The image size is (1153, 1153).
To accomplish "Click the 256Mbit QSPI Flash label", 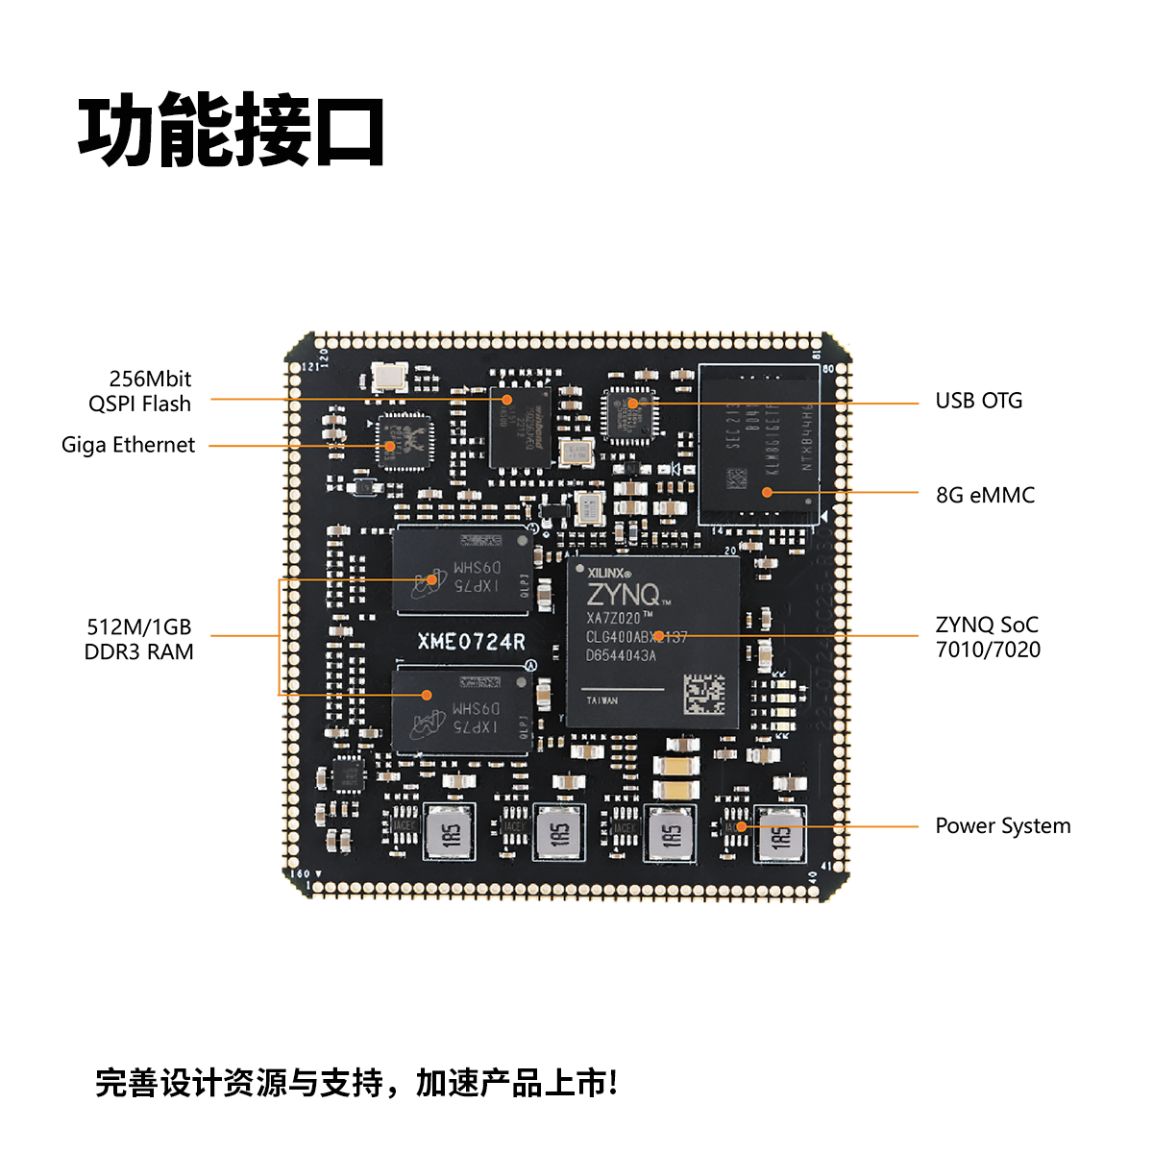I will (x=140, y=391).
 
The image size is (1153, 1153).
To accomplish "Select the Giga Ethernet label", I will (x=128, y=445).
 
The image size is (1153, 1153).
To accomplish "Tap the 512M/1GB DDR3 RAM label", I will (x=139, y=639).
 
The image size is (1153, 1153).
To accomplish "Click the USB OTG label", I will (x=978, y=401).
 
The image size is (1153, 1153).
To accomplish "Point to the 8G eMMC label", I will (x=985, y=495).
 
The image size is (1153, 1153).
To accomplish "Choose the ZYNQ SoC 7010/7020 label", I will (x=988, y=637).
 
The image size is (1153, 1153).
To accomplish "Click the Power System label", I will (x=1002, y=826).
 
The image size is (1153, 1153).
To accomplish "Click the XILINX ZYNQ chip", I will (x=652, y=639).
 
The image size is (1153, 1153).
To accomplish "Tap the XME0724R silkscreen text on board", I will (x=471, y=642).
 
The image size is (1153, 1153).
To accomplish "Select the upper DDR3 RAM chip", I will (x=461, y=571).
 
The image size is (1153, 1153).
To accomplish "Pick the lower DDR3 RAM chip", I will (x=461, y=711).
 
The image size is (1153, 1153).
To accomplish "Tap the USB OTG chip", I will (x=629, y=414).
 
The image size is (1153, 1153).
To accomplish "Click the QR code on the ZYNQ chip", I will (x=704, y=693).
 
